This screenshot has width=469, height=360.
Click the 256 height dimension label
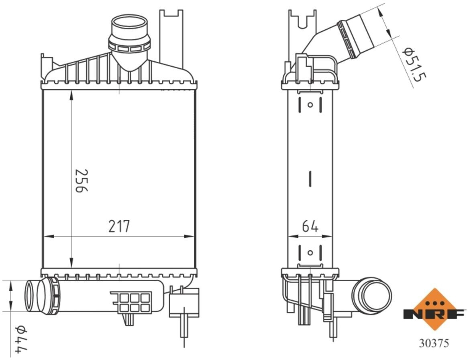[x=81, y=181]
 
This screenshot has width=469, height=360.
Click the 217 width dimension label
[x=119, y=227]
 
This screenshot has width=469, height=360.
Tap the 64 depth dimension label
[x=310, y=226]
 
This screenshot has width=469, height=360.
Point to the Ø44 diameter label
[x=22, y=341]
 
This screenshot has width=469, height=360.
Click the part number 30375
[x=434, y=343]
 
